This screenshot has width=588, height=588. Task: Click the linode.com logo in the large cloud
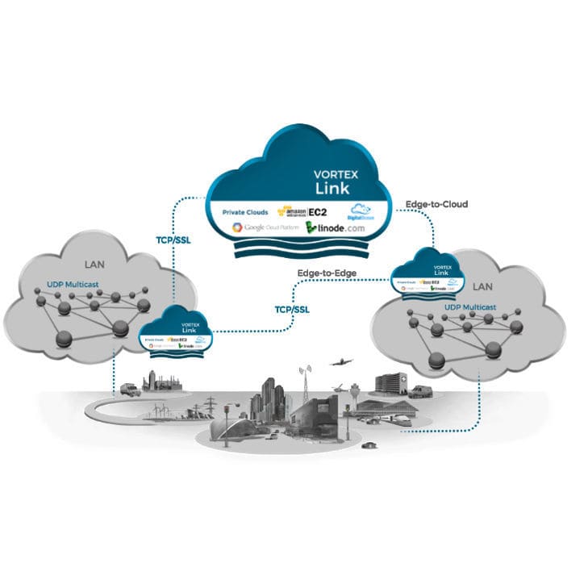click(339, 228)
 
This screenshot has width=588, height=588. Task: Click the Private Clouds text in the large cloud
click(244, 212)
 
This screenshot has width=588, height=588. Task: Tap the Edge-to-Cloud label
click(436, 204)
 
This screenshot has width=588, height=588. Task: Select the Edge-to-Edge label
click(327, 273)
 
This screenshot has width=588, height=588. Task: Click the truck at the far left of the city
click(129, 390)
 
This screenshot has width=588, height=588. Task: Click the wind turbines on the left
click(159, 410)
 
